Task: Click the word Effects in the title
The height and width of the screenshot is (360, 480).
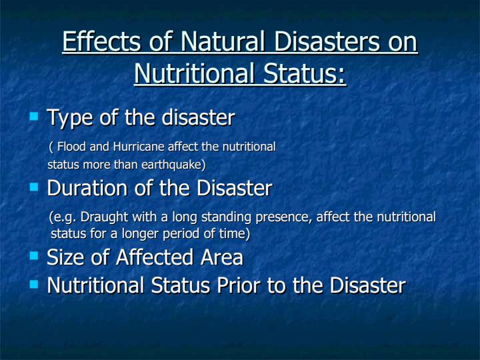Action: [101, 41]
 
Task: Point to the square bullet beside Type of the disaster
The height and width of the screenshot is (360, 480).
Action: [34, 116]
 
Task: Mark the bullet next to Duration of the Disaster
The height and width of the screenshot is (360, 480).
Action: [34, 187]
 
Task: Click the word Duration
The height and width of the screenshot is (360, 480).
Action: [87, 187]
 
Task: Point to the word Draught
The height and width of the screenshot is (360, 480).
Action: [104, 217]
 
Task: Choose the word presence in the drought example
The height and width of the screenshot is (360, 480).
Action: [283, 217]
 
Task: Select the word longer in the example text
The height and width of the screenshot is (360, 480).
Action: [141, 234]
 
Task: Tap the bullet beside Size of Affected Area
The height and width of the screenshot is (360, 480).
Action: [34, 255]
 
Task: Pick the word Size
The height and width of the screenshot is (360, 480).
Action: [65, 257]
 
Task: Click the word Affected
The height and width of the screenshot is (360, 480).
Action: [155, 257]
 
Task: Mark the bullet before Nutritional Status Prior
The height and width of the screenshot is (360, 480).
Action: [34, 285]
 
